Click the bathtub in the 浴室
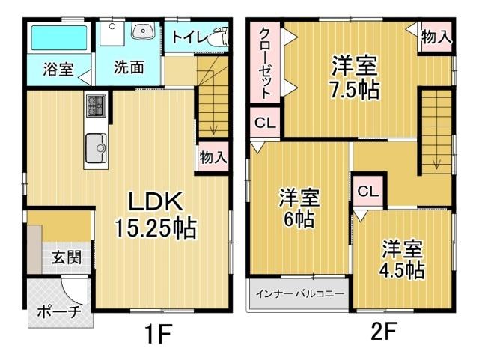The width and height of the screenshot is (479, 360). [57, 37]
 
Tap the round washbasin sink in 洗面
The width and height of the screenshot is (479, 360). [141, 31]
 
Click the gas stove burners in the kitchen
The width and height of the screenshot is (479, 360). [97, 106]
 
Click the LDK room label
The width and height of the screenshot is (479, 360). [155, 201]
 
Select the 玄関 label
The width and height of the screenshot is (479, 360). [67, 257]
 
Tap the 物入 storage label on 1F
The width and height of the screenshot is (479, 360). [212, 157]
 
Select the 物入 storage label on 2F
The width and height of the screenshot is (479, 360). [436, 35]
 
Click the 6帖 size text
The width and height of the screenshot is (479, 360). [299, 220]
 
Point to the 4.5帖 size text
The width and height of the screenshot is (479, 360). [402, 269]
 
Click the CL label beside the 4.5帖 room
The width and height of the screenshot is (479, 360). [367, 191]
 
